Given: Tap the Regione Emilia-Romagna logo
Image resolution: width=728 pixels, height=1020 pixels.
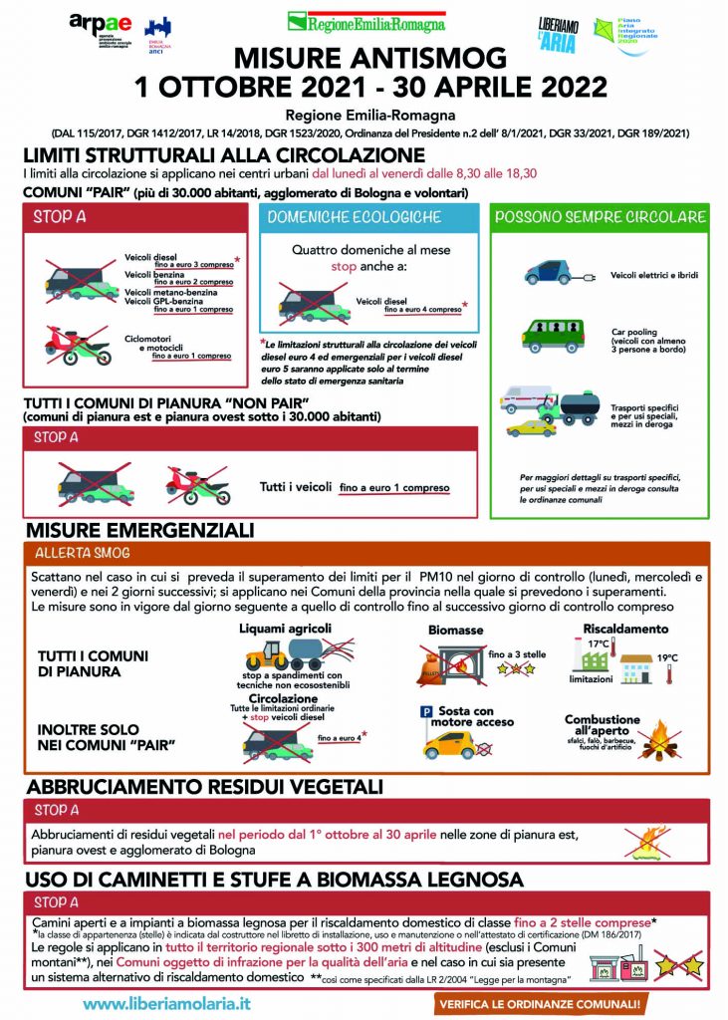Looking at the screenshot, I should pos(365,21).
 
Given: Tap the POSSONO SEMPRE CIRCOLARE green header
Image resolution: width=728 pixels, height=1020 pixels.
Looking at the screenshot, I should pos(600,216).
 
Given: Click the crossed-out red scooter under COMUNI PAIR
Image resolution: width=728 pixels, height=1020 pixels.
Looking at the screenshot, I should pos(77,344).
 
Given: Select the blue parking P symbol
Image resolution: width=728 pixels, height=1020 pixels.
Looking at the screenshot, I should pos(427,712).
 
